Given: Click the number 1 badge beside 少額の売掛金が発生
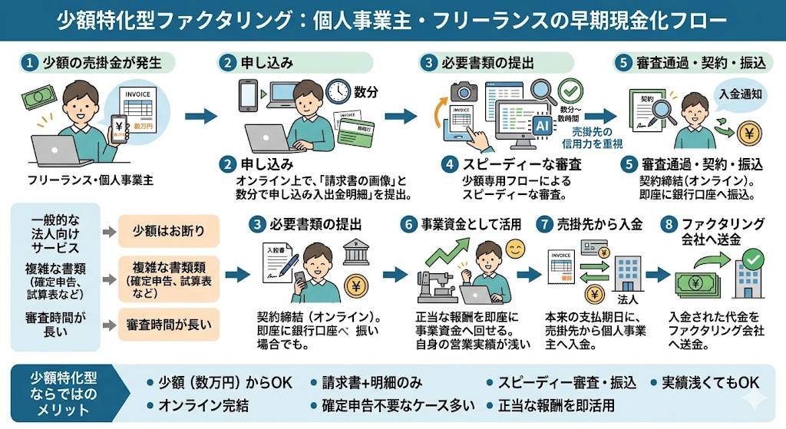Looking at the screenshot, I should click(x=30, y=63).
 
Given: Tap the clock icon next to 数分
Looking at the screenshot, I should click(x=337, y=91).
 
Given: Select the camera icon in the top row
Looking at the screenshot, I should click(x=464, y=91).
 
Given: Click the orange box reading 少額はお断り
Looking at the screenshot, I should click(x=168, y=231).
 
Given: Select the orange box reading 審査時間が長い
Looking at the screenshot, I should click(x=168, y=325).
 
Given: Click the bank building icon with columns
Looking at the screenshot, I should click(x=354, y=249).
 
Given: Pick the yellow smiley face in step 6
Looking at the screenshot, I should click(x=515, y=249).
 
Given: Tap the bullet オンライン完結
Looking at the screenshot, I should click(x=198, y=405).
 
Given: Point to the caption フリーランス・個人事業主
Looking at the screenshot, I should click(x=91, y=180).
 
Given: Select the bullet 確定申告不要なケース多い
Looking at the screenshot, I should click(x=392, y=405).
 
